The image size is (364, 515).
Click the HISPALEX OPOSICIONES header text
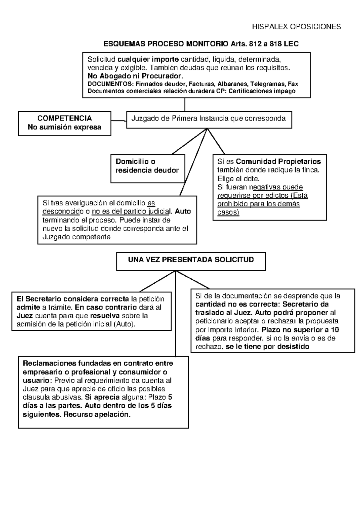(x=296, y=27)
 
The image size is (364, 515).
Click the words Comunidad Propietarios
(x=278, y=161)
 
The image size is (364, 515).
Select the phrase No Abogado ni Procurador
(x=136, y=76)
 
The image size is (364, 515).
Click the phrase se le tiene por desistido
(x=268, y=347)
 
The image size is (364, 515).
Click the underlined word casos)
(x=228, y=212)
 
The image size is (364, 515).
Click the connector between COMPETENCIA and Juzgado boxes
(x=119, y=121)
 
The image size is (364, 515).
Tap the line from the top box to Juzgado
(x=185, y=104)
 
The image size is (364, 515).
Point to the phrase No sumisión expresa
(x=64, y=127)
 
